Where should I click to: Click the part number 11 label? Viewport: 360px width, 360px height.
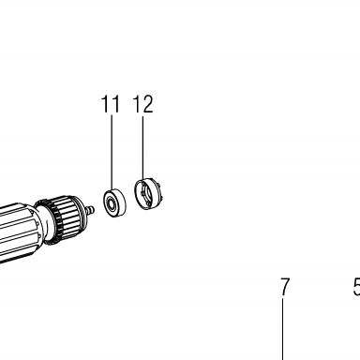click(111, 104)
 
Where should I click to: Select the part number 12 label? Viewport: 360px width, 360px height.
click(143, 104)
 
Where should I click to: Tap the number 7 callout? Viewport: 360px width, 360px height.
click(284, 287)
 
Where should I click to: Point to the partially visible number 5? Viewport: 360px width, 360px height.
click(357, 287)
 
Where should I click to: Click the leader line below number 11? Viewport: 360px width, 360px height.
click(112, 152)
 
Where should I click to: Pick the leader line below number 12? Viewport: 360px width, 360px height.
click(143, 147)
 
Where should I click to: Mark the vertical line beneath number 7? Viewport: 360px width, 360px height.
click(283, 329)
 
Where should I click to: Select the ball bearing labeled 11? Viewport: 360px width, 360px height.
click(114, 202)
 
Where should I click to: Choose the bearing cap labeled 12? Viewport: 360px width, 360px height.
click(148, 194)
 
